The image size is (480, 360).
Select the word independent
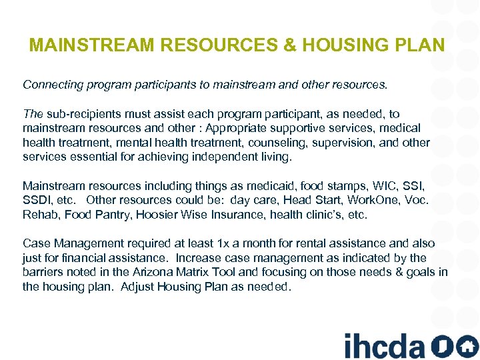click(217, 157)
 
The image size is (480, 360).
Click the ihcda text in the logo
click(385, 345)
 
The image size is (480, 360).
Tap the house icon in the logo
click(467, 345)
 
